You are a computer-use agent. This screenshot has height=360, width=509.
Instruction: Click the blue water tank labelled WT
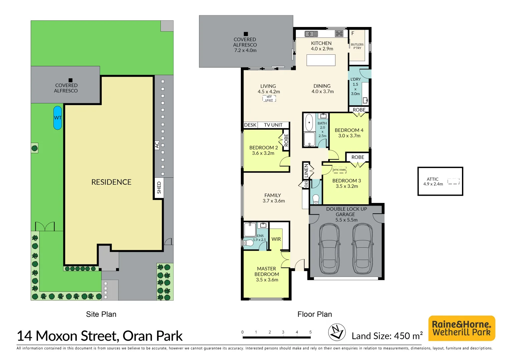(58, 118)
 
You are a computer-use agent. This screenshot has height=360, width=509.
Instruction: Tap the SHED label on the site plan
(159, 188)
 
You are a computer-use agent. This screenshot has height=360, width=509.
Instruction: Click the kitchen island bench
(321, 60)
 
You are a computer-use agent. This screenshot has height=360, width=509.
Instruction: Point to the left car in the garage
(329, 249)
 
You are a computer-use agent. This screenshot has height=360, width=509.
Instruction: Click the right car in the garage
(362, 249)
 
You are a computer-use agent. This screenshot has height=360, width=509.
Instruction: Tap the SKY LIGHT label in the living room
(269, 99)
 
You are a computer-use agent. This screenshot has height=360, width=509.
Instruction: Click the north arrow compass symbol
(337, 332)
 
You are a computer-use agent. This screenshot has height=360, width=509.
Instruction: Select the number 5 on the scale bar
(310, 332)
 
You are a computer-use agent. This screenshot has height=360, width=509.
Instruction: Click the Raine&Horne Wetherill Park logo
(461, 328)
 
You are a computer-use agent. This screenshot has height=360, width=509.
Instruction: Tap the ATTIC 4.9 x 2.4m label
(433, 181)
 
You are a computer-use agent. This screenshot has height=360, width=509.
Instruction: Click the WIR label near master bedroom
(276, 239)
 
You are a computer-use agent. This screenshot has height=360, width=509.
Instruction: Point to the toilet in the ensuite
(248, 243)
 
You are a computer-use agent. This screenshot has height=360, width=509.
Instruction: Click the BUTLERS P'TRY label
(357, 46)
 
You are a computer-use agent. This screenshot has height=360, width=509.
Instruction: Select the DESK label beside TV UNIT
(250, 125)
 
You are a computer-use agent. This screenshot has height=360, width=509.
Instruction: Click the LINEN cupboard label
(306, 171)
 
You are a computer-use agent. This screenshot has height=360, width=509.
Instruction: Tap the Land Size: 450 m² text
(387, 336)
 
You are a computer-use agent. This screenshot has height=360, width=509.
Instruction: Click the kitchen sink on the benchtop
(311, 34)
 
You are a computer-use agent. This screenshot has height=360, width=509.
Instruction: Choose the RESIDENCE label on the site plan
(111, 182)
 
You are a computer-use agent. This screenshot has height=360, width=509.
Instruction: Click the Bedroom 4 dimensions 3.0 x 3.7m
(349, 136)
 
